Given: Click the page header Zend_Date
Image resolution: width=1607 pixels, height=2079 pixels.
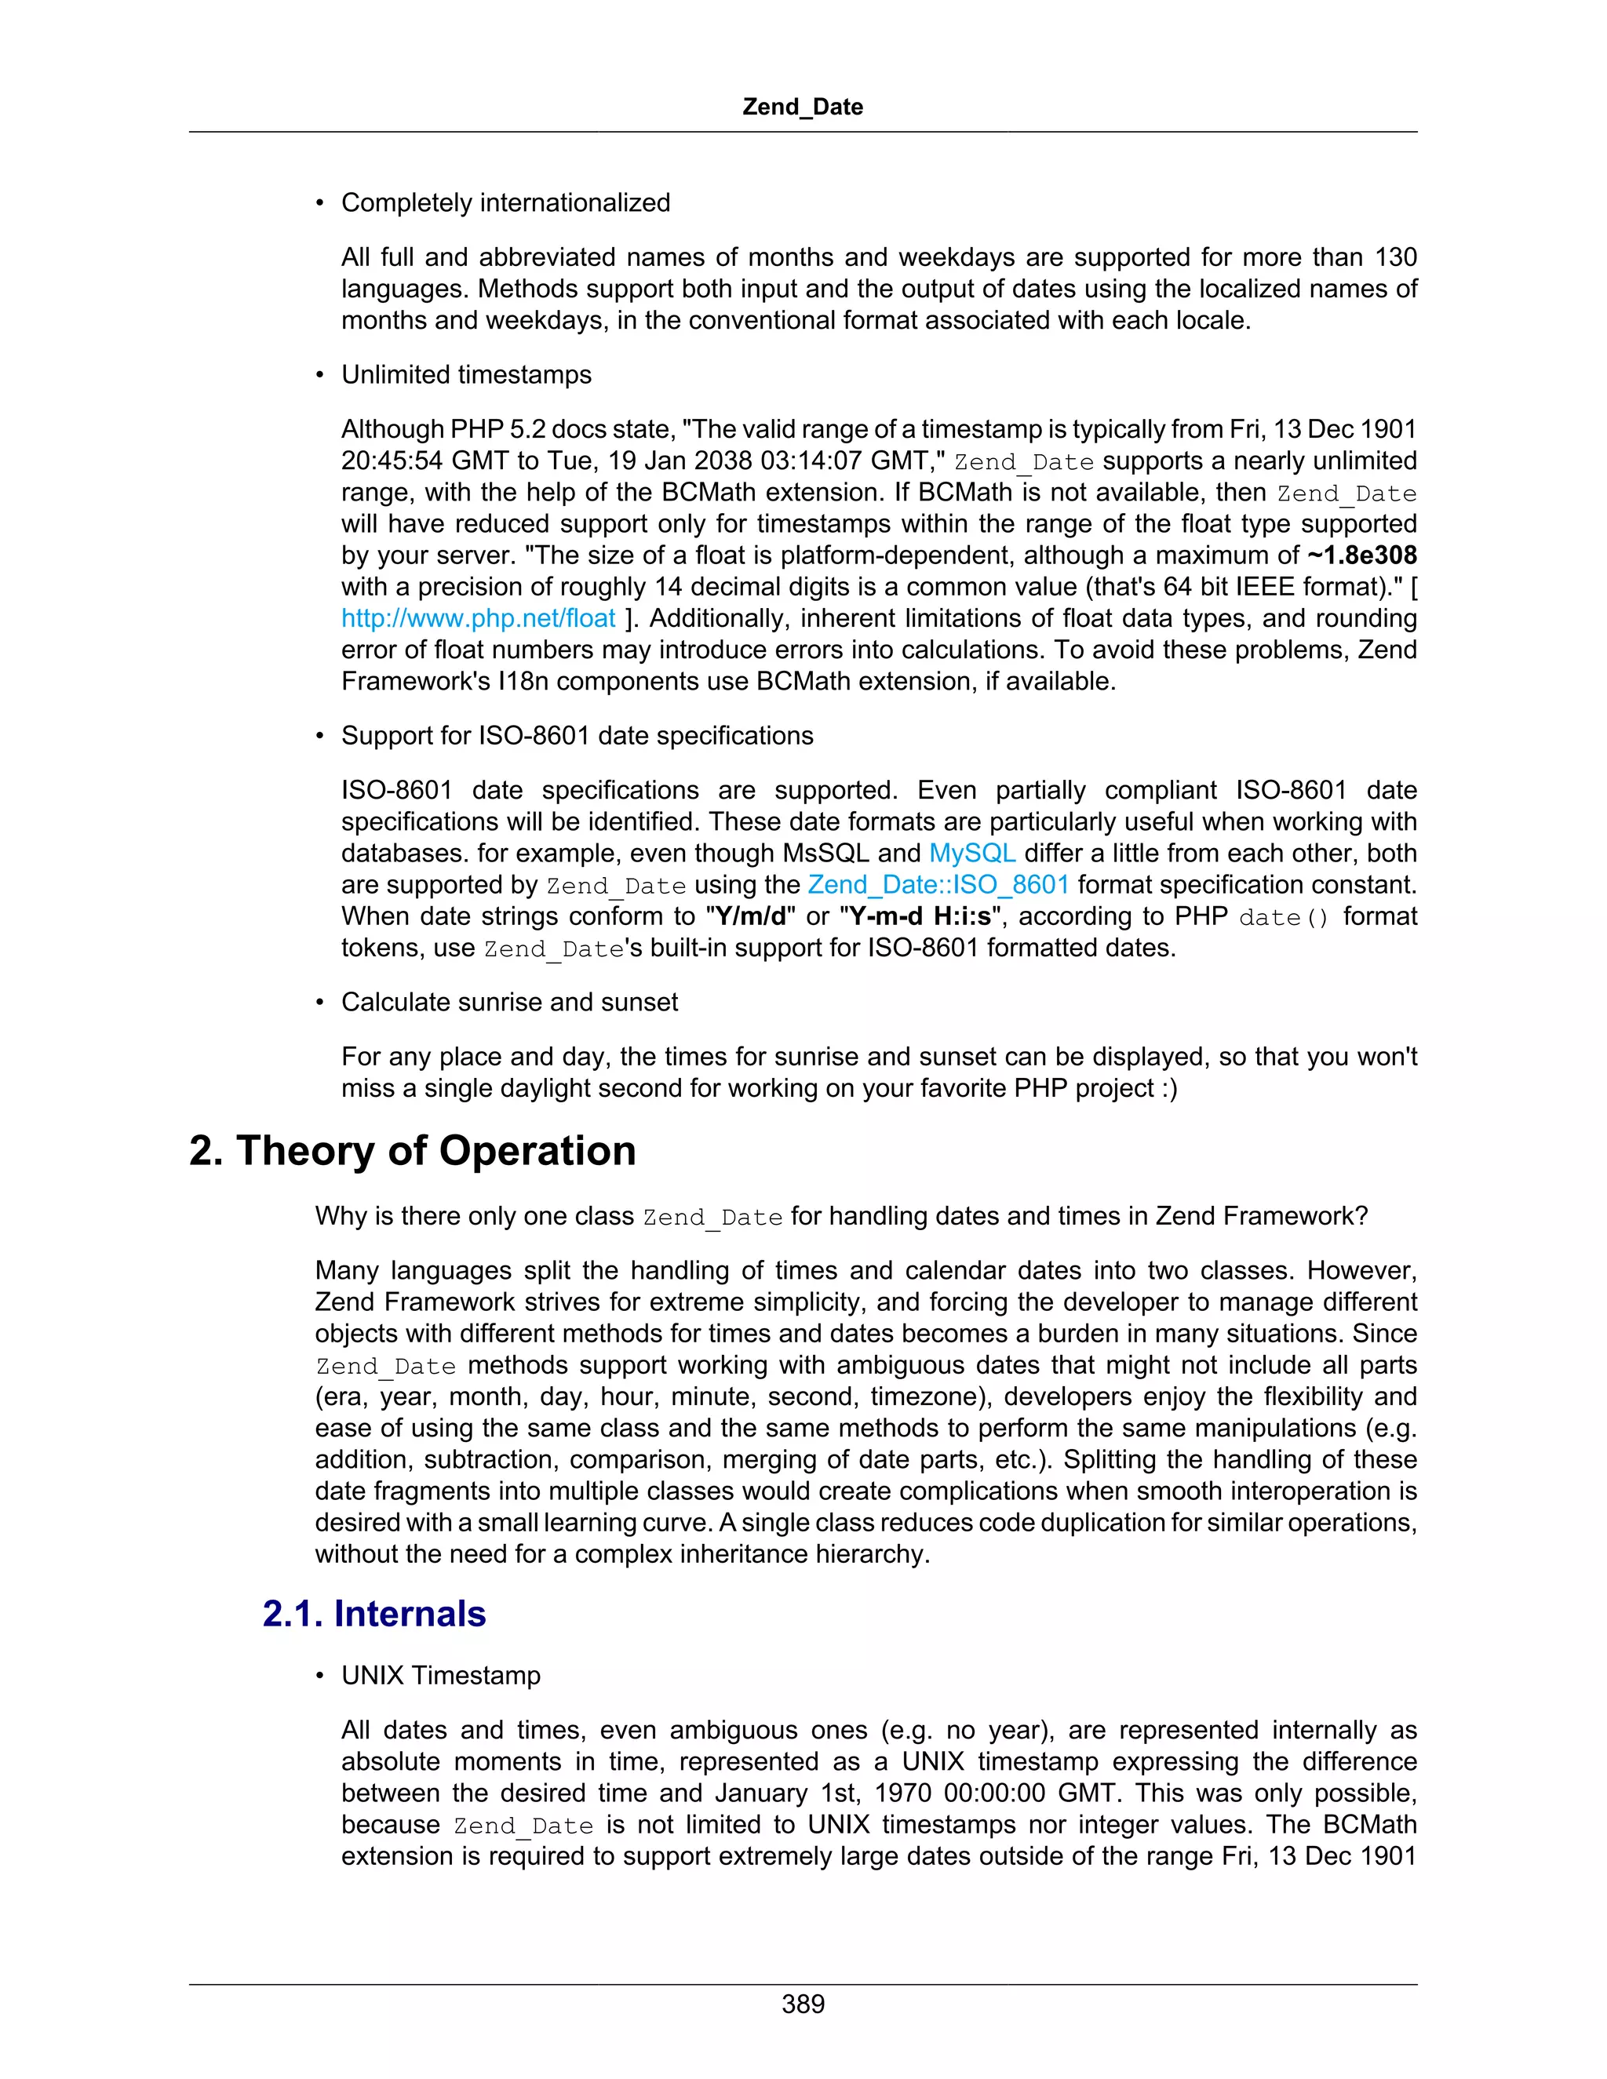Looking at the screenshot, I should [x=803, y=107].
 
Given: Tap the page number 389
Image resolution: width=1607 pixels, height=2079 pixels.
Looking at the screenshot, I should [x=803, y=2004].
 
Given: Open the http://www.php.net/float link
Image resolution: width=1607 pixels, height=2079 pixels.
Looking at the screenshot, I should [x=478, y=619].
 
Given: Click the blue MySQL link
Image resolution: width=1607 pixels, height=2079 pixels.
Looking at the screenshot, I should [x=972, y=853].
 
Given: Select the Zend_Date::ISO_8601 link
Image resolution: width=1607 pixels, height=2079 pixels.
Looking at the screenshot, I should [x=938, y=884].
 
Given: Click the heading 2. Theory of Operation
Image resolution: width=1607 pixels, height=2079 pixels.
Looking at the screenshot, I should [x=412, y=1151].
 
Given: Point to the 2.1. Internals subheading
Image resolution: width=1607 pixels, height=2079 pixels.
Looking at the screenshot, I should [x=374, y=1615].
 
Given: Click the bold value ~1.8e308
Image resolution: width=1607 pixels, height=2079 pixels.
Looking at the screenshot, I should [x=1361, y=556].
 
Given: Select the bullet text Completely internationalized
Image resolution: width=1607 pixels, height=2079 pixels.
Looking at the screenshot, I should [x=505, y=202].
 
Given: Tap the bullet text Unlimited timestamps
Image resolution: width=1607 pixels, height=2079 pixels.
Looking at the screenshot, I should [x=467, y=375].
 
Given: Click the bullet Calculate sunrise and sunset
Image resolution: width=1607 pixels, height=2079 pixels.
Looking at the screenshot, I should [x=509, y=1003].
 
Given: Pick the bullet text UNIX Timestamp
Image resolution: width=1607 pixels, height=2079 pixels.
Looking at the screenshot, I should [x=441, y=1676].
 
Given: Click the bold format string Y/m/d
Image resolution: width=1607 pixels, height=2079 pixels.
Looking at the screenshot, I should [x=750, y=916].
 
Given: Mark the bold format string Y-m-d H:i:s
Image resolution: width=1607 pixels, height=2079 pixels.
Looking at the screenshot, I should [x=920, y=916].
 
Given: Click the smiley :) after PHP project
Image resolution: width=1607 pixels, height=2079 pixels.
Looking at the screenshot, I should [x=1169, y=1088].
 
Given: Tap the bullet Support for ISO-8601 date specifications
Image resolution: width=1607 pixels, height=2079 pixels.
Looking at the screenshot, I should [x=577, y=736].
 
